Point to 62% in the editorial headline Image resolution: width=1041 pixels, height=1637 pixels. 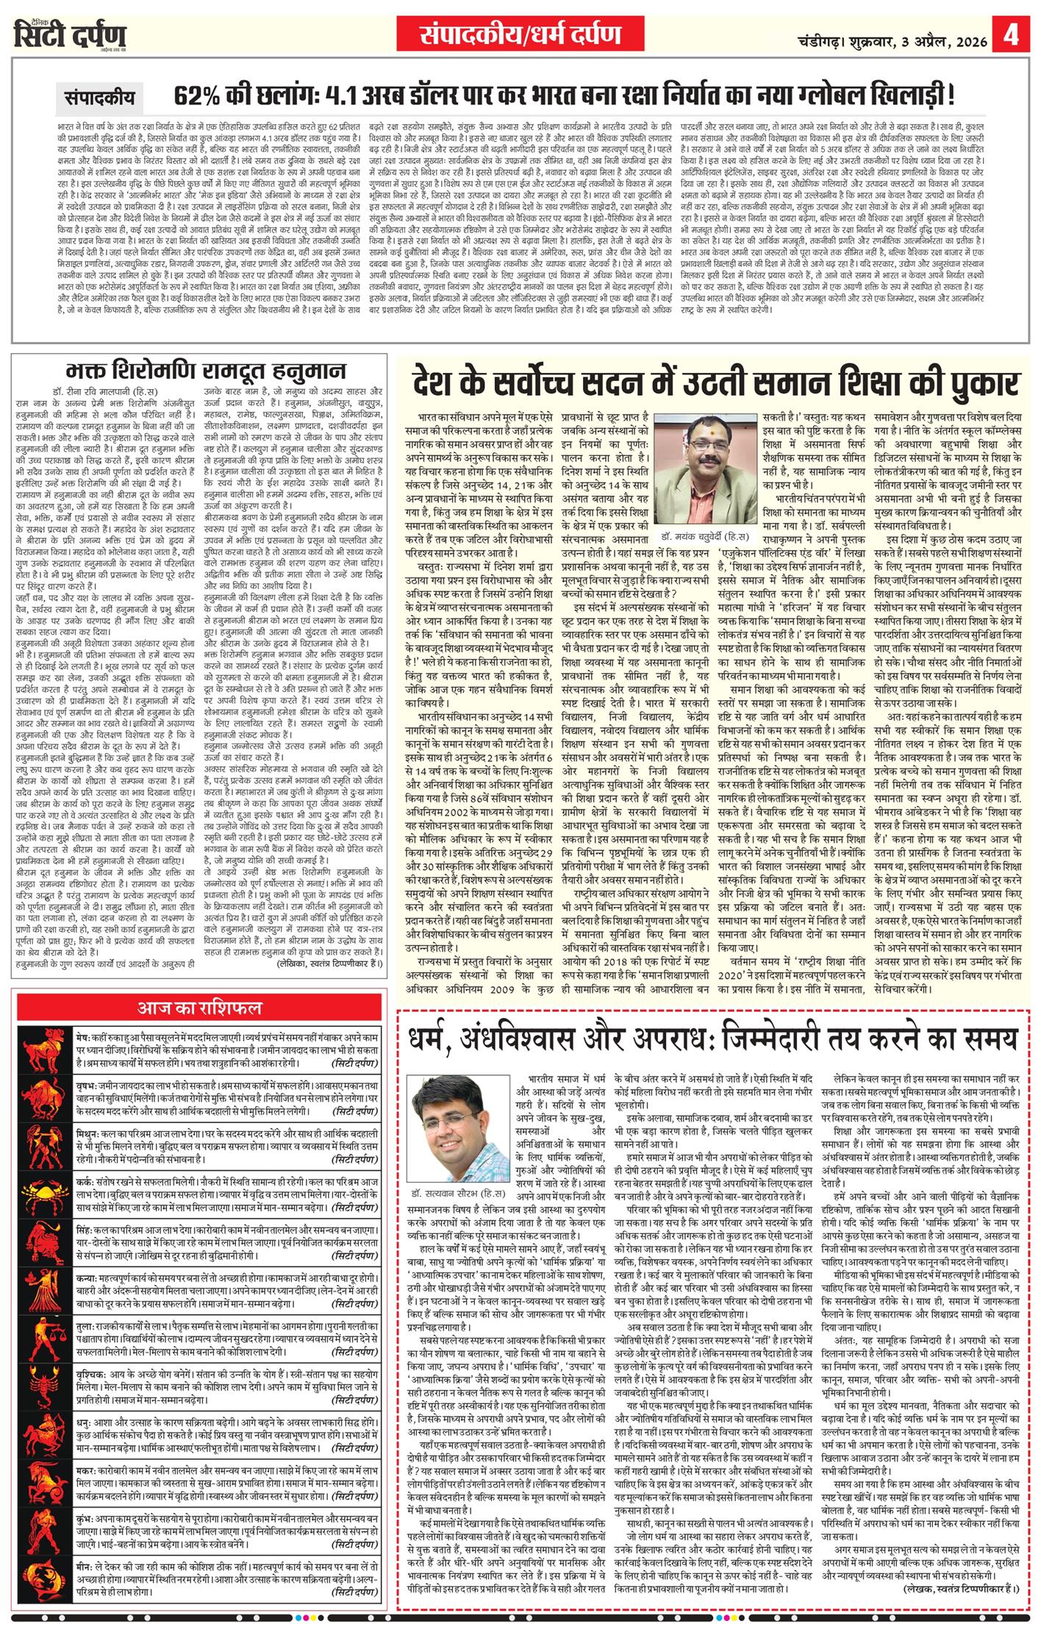(x=199, y=96)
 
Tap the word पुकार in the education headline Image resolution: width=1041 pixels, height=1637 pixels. (x=981, y=383)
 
